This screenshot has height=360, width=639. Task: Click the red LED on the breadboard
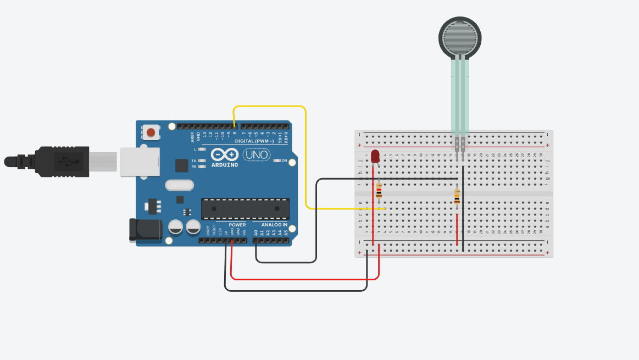tap(375, 156)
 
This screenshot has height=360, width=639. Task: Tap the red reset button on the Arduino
tap(151, 132)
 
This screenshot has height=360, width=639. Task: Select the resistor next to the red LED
tap(379, 191)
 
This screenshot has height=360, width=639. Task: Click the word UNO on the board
tap(256, 155)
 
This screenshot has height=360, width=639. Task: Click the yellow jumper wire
tap(305, 159)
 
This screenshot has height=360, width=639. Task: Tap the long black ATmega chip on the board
tap(245, 209)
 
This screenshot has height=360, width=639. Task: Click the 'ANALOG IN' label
tap(274, 225)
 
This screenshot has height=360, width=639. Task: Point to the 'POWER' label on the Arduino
tap(237, 225)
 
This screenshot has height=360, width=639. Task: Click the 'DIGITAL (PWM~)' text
tap(254, 141)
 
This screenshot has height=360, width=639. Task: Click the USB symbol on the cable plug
tap(66, 161)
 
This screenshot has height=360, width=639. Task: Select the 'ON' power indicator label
tap(285, 160)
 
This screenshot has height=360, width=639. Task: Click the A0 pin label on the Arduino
tap(256, 233)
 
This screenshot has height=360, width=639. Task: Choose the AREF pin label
tap(192, 135)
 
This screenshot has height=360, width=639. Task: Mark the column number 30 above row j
tap(541, 155)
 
